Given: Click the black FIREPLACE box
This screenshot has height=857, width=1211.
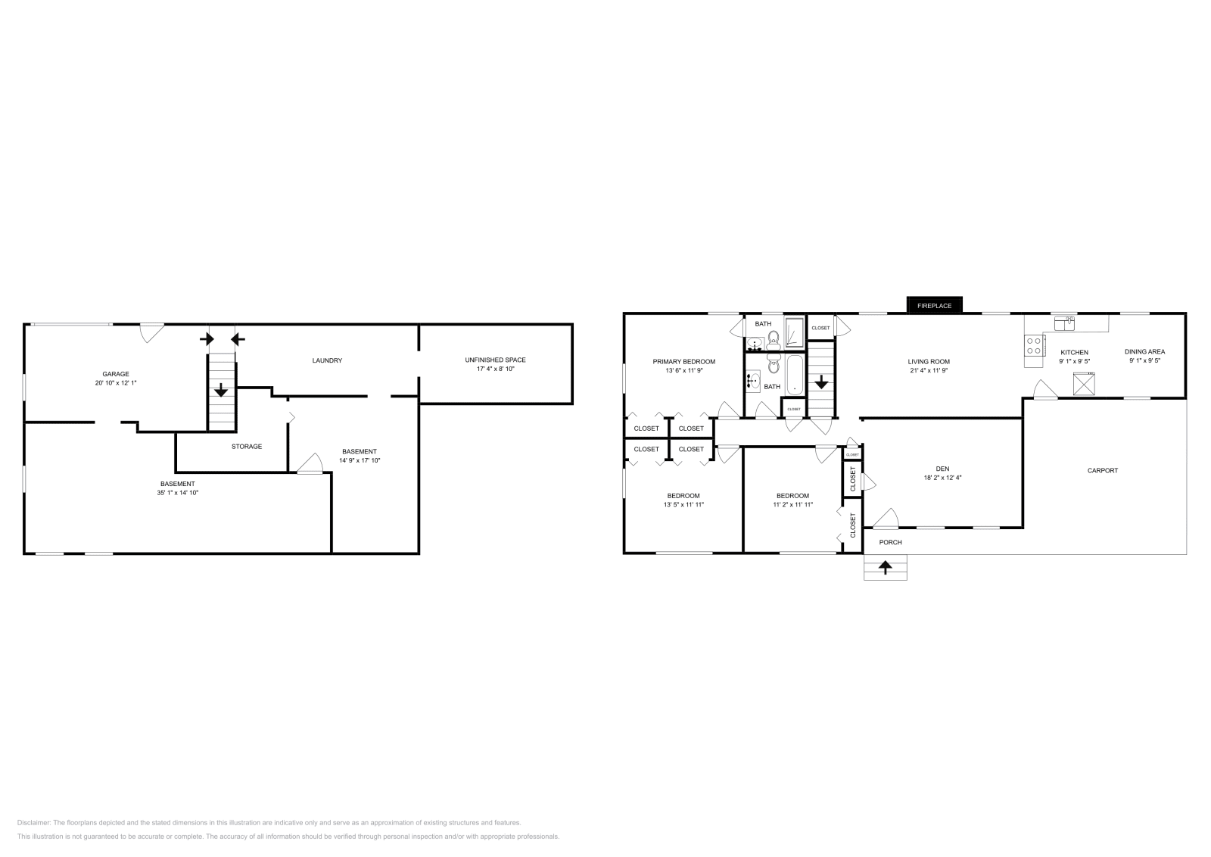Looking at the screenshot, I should pos(934,305).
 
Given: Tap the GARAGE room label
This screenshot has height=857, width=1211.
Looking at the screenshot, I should pos(116,374).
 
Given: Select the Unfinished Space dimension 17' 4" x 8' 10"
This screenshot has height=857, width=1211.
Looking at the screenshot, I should pos(495,369).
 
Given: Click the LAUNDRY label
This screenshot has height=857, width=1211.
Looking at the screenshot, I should pos(327,360).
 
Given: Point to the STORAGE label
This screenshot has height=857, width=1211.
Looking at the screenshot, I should pos(247,447).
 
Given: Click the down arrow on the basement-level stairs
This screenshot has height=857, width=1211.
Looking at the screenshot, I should pos(220,391).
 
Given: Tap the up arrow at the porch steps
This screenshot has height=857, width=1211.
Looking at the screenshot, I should pos(885,566).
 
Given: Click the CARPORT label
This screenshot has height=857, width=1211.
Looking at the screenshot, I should pos(1102,471).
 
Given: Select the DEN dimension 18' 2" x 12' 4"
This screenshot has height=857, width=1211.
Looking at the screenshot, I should pos(942,478).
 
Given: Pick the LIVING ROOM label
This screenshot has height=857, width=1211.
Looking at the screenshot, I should pos(929,362).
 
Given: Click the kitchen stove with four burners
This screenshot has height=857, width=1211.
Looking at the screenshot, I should pos(1033,347).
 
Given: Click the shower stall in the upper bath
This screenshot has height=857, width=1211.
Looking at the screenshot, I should pos(794,332).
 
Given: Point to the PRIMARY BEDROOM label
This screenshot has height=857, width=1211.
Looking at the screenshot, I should pos(683,362).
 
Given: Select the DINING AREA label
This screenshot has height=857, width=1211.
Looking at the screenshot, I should pos(1144,351).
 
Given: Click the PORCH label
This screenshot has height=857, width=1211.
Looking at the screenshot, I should pos(890,542).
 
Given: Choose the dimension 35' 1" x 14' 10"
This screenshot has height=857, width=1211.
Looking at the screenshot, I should pos(178,493).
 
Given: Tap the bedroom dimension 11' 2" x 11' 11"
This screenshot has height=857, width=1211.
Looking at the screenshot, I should pos(792,504).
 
